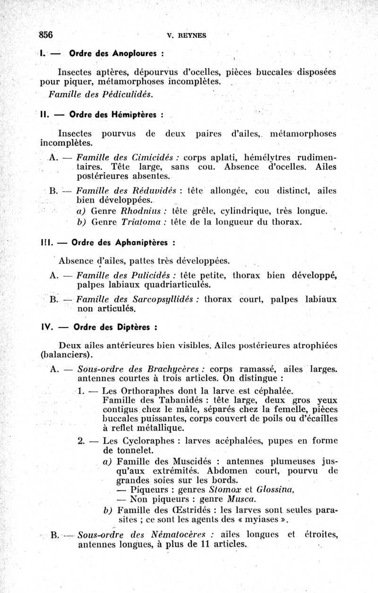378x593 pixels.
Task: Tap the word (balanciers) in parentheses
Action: [66, 354]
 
